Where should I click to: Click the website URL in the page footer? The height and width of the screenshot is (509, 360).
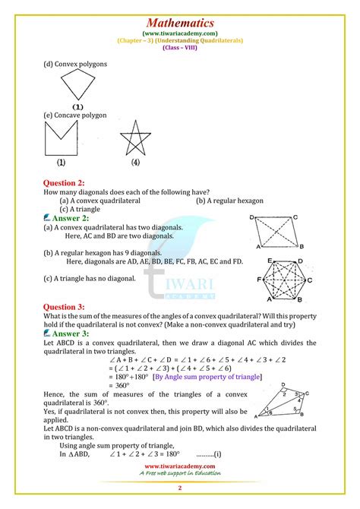179,466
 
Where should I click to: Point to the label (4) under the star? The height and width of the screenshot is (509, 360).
135,162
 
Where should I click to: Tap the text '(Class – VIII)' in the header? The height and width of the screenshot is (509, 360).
180,46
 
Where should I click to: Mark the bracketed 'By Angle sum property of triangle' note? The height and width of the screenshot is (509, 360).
207,376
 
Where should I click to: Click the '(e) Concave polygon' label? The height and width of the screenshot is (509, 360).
75,115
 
